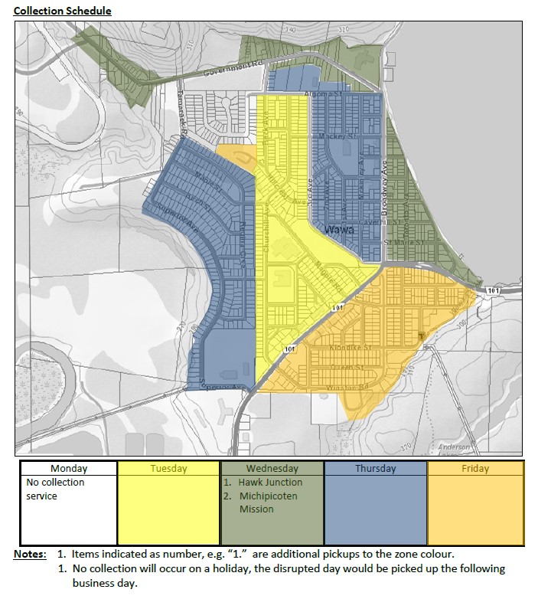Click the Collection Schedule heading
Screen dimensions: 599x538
[63, 11]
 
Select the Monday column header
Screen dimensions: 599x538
[69, 468]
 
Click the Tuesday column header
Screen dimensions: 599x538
[168, 468]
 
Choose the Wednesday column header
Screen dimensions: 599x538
[272, 468]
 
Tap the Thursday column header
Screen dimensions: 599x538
[375, 468]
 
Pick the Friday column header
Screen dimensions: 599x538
[475, 468]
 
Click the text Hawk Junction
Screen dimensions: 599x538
[270, 483]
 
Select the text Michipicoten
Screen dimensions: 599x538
[267, 496]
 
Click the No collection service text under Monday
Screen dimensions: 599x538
[55, 489]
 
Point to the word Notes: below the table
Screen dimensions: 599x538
[30, 553]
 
